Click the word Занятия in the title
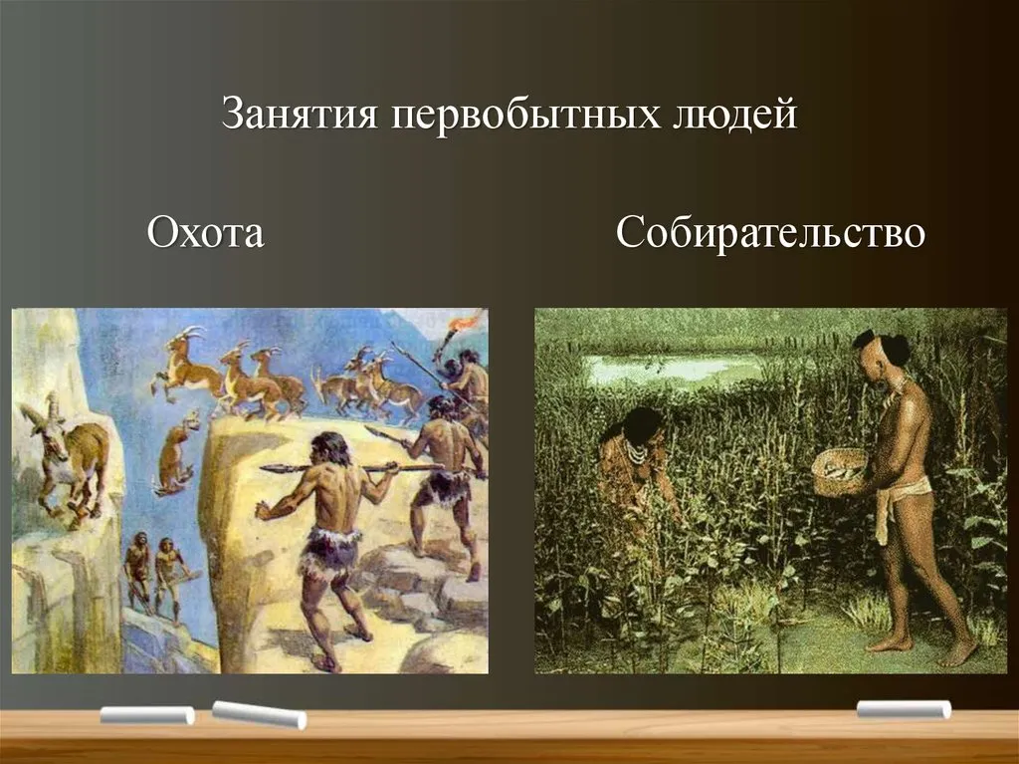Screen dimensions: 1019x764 click(300, 114)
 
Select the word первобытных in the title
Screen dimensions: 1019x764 click(525, 115)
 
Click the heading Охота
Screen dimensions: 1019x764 click(205, 232)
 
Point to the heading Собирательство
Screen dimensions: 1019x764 click(770, 232)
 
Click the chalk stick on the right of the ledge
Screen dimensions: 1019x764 click(904, 709)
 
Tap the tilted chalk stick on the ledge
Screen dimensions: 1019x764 click(259, 714)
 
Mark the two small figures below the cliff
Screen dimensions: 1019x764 click(156, 574)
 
